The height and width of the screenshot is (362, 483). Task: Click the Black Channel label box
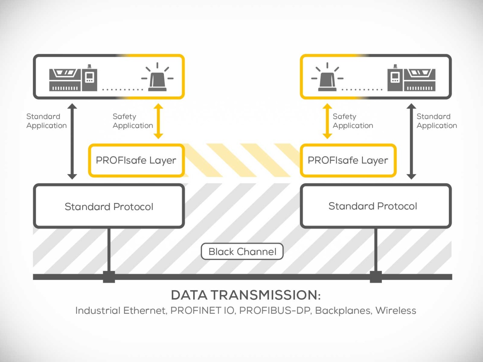242,251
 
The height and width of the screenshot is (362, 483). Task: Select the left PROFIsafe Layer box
136,160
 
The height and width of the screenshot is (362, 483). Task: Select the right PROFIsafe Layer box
348,160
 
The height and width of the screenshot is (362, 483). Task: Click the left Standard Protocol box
109,206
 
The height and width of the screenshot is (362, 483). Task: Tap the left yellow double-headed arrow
158,121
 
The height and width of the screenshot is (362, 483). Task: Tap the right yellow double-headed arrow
327,121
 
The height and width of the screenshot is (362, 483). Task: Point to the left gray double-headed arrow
72,141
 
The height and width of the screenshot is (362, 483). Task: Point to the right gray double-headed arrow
411,141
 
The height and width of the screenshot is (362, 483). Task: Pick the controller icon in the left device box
73,79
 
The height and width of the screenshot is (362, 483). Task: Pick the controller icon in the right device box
411,79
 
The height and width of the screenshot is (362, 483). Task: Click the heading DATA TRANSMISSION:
246,295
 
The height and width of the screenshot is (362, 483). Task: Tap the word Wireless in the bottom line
396,311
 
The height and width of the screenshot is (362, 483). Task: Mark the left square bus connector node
109,277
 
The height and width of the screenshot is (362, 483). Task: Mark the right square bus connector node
376,277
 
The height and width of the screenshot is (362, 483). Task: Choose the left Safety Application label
133,121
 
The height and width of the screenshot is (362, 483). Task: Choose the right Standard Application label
437,121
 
